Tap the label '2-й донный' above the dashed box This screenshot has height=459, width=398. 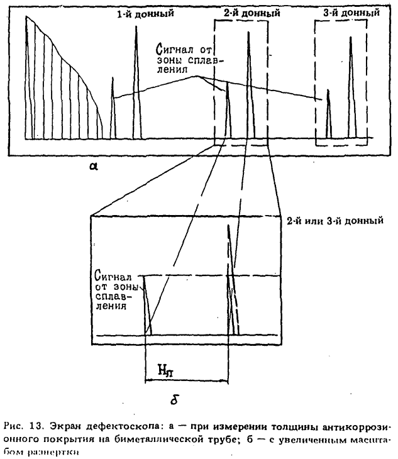coord(246,13)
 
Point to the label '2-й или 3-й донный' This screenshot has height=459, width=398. coord(334,221)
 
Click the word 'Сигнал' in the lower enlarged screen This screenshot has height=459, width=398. coord(113,275)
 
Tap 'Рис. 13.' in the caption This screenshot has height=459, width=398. coord(26,424)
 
